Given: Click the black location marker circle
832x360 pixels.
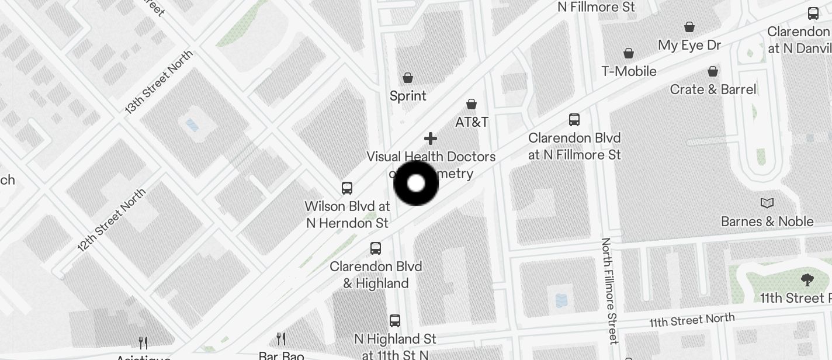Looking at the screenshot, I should click(416, 184).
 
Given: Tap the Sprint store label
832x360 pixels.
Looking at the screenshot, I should click(408, 96).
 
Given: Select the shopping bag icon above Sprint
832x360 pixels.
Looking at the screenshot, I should click(408, 78).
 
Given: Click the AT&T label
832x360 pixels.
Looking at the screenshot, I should click(472, 122).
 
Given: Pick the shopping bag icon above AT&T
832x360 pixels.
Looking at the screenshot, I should click(472, 104).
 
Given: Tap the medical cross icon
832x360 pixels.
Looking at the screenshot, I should click(431, 139).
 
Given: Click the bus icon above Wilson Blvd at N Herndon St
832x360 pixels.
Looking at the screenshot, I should click(347, 188).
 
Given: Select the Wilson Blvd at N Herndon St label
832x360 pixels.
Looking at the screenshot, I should click(348, 214).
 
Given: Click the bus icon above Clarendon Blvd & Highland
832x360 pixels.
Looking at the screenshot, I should click(376, 248).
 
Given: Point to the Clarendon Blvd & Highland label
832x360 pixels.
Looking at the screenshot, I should click(376, 275).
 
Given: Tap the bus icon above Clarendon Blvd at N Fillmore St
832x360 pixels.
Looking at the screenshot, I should click(574, 120).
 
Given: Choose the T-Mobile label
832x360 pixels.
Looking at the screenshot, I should click(629, 71).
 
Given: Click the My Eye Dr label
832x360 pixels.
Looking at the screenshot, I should click(689, 45).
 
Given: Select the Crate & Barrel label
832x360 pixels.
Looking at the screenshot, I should click(713, 89).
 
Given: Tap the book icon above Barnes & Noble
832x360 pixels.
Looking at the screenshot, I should click(767, 203).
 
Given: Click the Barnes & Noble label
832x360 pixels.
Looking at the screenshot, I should click(767, 221).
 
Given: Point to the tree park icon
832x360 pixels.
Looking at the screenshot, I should click(807, 280).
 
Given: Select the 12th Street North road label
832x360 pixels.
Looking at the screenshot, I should click(112, 220).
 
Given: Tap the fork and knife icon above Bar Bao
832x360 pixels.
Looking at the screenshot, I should click(281, 338).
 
